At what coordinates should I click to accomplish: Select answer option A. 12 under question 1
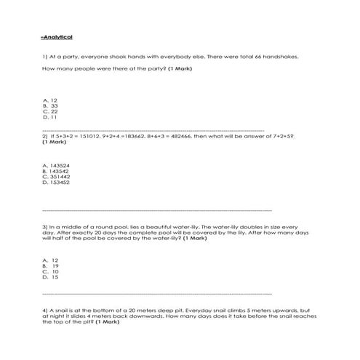51,100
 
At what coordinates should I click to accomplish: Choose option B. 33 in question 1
51,105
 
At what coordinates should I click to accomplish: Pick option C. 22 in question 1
51,111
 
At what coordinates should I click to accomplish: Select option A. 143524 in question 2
57,165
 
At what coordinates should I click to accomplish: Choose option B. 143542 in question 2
57,171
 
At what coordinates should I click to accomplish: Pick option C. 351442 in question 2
57,177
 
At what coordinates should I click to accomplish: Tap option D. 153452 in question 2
57,183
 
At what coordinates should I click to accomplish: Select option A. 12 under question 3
51,260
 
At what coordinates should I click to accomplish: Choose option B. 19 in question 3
51,265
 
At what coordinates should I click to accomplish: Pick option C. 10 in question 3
51,271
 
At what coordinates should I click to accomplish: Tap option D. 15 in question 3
51,277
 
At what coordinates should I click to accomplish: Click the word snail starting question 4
59,309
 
